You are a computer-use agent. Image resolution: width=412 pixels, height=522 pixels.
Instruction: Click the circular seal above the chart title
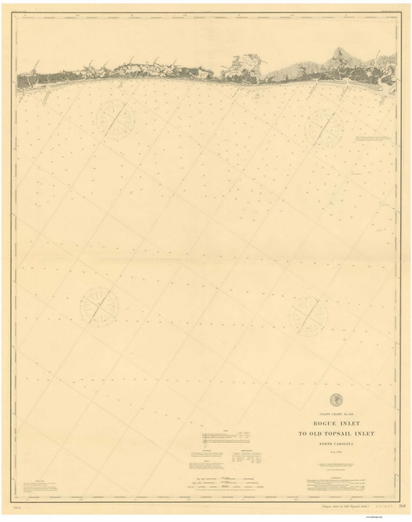coord(323,400)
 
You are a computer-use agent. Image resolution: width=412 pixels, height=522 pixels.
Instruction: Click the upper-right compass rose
coord(325,129)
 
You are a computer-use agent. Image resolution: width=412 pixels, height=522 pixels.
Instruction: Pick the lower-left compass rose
coord(99,306)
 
